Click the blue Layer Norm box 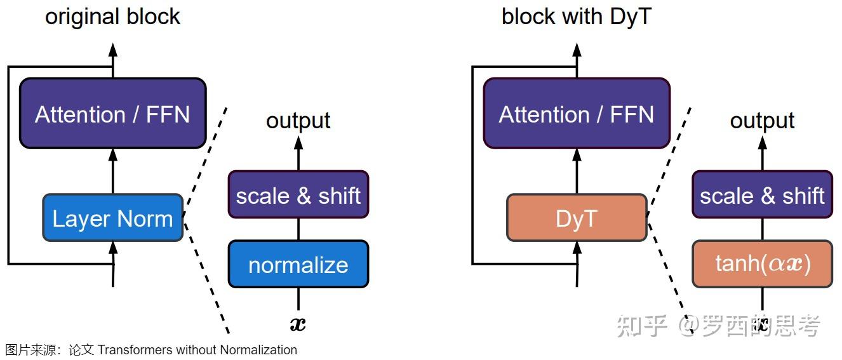(x=112, y=218)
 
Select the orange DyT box (x=577, y=218)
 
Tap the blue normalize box (x=298, y=264)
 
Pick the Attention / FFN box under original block (x=112, y=114)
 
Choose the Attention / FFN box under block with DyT (x=577, y=114)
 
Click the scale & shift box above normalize (x=298, y=195)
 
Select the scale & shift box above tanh (x=762, y=195)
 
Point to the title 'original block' (x=112, y=16)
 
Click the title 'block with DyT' (x=577, y=16)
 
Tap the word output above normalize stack (x=298, y=120)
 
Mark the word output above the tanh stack (x=762, y=120)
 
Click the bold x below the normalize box (x=298, y=324)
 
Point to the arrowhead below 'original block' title (x=113, y=50)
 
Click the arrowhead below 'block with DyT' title (x=577, y=50)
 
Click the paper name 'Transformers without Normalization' (x=197, y=350)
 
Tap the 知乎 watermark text (x=642, y=325)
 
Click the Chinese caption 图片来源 (x=25, y=350)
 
